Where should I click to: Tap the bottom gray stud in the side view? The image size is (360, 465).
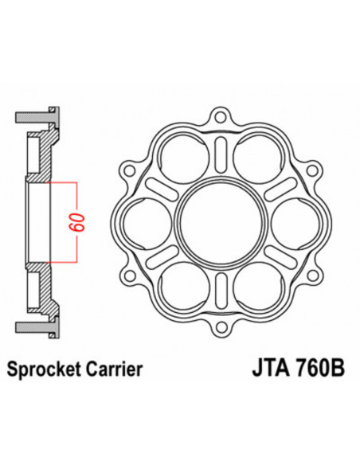point(53,327)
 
